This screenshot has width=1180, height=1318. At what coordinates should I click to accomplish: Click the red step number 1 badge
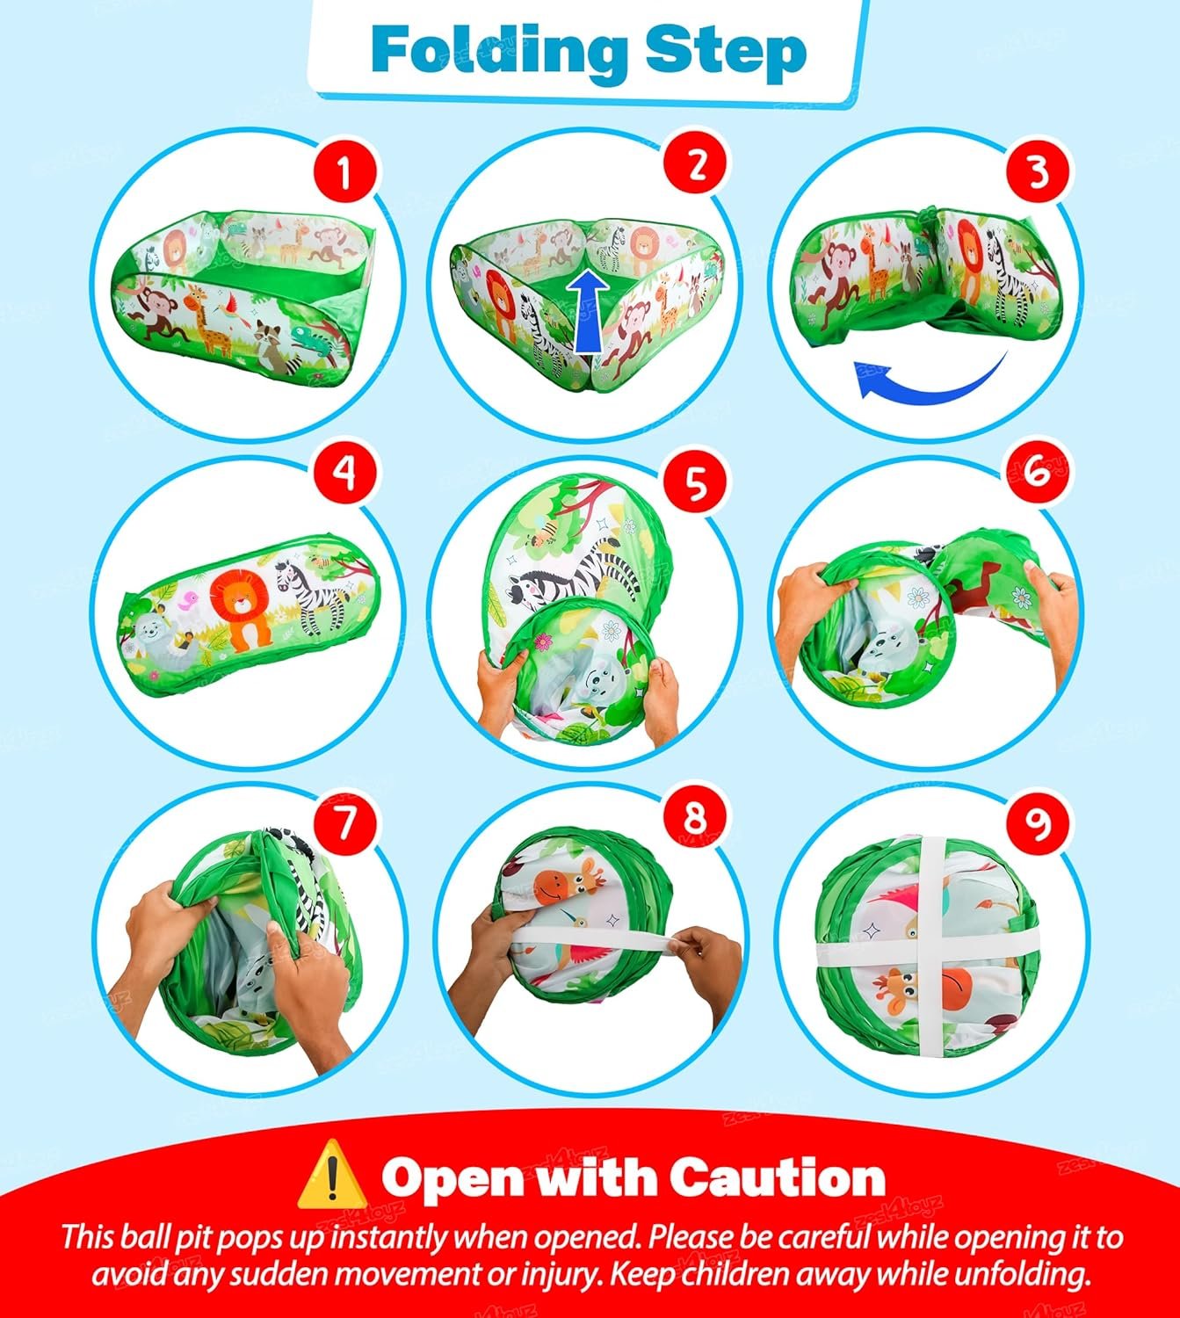344,170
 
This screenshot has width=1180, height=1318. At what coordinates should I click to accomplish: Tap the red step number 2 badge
697,163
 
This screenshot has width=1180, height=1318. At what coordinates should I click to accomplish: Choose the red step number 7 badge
344,823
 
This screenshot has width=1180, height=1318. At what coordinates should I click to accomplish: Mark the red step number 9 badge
1038,823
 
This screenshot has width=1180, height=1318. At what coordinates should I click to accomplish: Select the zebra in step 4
314,597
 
